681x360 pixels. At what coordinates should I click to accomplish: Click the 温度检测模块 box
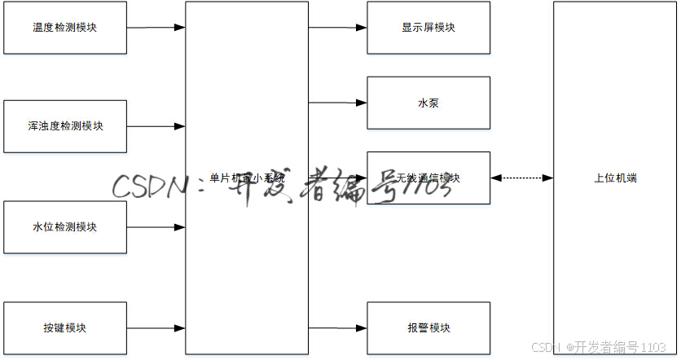pos(65,28)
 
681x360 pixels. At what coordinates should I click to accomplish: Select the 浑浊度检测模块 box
pos(65,126)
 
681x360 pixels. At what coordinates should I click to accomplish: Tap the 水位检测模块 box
pos(65,226)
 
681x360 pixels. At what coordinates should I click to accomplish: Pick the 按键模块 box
pos(65,327)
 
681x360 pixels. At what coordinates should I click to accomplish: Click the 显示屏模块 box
pos(428,28)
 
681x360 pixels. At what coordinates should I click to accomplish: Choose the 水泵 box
pos(428,103)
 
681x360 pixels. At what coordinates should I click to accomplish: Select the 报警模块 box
pos(428,327)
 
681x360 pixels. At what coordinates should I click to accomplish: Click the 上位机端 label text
pos(615,178)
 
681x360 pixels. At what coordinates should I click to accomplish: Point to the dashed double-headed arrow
pos(521,178)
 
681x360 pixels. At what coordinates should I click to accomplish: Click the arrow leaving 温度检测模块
pos(156,28)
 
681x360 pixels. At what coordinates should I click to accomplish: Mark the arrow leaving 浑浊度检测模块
pos(156,126)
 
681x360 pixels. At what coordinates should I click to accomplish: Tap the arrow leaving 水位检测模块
pos(156,226)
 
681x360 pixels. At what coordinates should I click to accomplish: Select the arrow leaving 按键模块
pos(156,327)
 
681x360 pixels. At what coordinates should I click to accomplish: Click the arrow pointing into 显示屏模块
pos(337,28)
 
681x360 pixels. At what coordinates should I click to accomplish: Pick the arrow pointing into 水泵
pos(337,103)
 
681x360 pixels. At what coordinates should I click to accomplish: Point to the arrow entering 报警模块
pos(337,328)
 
